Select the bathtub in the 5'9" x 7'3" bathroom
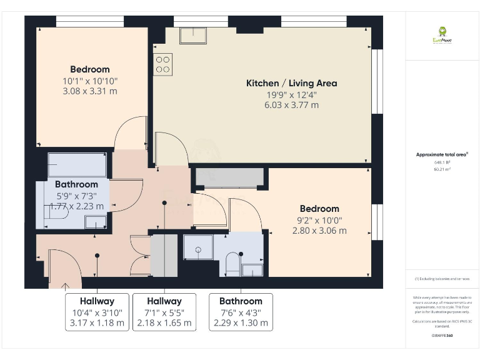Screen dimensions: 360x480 pos(77,165)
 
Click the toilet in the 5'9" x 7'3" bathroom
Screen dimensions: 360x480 pos(56,214)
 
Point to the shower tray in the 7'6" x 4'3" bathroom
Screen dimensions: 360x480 pos(198,247)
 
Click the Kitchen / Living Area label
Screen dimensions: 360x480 pos(291,83)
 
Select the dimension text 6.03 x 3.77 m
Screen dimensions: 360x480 pos(291,105)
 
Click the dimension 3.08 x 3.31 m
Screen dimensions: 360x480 pos(90,91)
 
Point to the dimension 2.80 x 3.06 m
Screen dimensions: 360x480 pos(319,231)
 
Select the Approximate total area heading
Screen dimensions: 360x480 pos(442,154)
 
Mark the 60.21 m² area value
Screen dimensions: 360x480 pos(442,169)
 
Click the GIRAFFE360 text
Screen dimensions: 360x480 pos(442,336)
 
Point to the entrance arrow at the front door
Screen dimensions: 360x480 pos(66,286)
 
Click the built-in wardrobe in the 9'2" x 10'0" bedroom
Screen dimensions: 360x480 pos(229,177)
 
